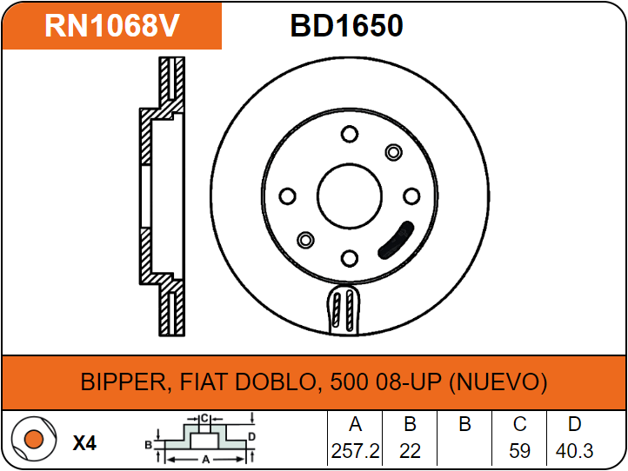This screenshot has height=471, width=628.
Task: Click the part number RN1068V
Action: tap(111, 26)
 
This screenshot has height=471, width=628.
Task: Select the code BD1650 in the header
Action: tap(346, 26)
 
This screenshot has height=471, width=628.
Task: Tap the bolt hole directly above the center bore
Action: tap(350, 134)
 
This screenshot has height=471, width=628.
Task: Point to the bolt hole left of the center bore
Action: tap(288, 196)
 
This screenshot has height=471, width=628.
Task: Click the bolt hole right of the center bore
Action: tap(411, 196)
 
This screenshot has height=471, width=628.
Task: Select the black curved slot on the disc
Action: tap(396, 240)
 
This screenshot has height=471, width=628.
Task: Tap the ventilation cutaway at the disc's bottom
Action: tap(345, 310)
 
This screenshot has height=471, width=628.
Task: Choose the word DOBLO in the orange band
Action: tap(283, 382)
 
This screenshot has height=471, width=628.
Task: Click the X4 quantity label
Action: tap(84, 443)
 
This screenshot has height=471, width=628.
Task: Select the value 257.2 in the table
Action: tap(355, 452)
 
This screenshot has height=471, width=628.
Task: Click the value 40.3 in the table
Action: tap(574, 452)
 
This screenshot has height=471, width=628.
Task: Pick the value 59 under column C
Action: tap(519, 452)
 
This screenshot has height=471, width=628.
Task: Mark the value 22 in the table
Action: tap(410, 452)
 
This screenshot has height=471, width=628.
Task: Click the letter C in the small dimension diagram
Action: tap(203, 418)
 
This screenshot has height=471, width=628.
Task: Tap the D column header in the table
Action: tap(574, 425)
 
